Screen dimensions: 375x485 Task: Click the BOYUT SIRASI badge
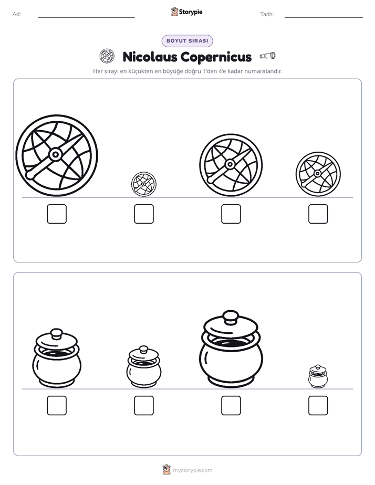coord(187,41)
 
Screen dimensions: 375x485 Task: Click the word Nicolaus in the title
coord(150,57)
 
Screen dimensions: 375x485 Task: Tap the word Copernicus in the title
coord(216,57)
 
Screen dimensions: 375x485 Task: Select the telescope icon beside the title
coord(268,56)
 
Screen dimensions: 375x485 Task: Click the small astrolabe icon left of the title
coord(107,56)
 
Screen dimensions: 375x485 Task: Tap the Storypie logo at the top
coord(187,12)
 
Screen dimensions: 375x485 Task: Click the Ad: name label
coord(17,14)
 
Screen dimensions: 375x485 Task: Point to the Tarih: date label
coord(267,14)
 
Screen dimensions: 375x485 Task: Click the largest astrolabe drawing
coord(57,155)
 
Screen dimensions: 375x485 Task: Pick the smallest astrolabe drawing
coord(144,184)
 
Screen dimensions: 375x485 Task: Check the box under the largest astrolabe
coord(57,214)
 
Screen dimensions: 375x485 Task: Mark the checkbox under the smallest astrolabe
coord(144,214)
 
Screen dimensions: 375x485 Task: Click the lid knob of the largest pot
coord(231,318)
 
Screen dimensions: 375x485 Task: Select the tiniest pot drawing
coord(318,376)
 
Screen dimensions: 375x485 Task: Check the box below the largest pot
coord(231,406)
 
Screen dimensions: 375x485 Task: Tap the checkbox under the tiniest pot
coord(318,406)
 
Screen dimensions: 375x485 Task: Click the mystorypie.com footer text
coord(192,470)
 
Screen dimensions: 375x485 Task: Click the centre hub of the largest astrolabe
coord(56,154)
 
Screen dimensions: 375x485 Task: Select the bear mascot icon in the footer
coord(166,470)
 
